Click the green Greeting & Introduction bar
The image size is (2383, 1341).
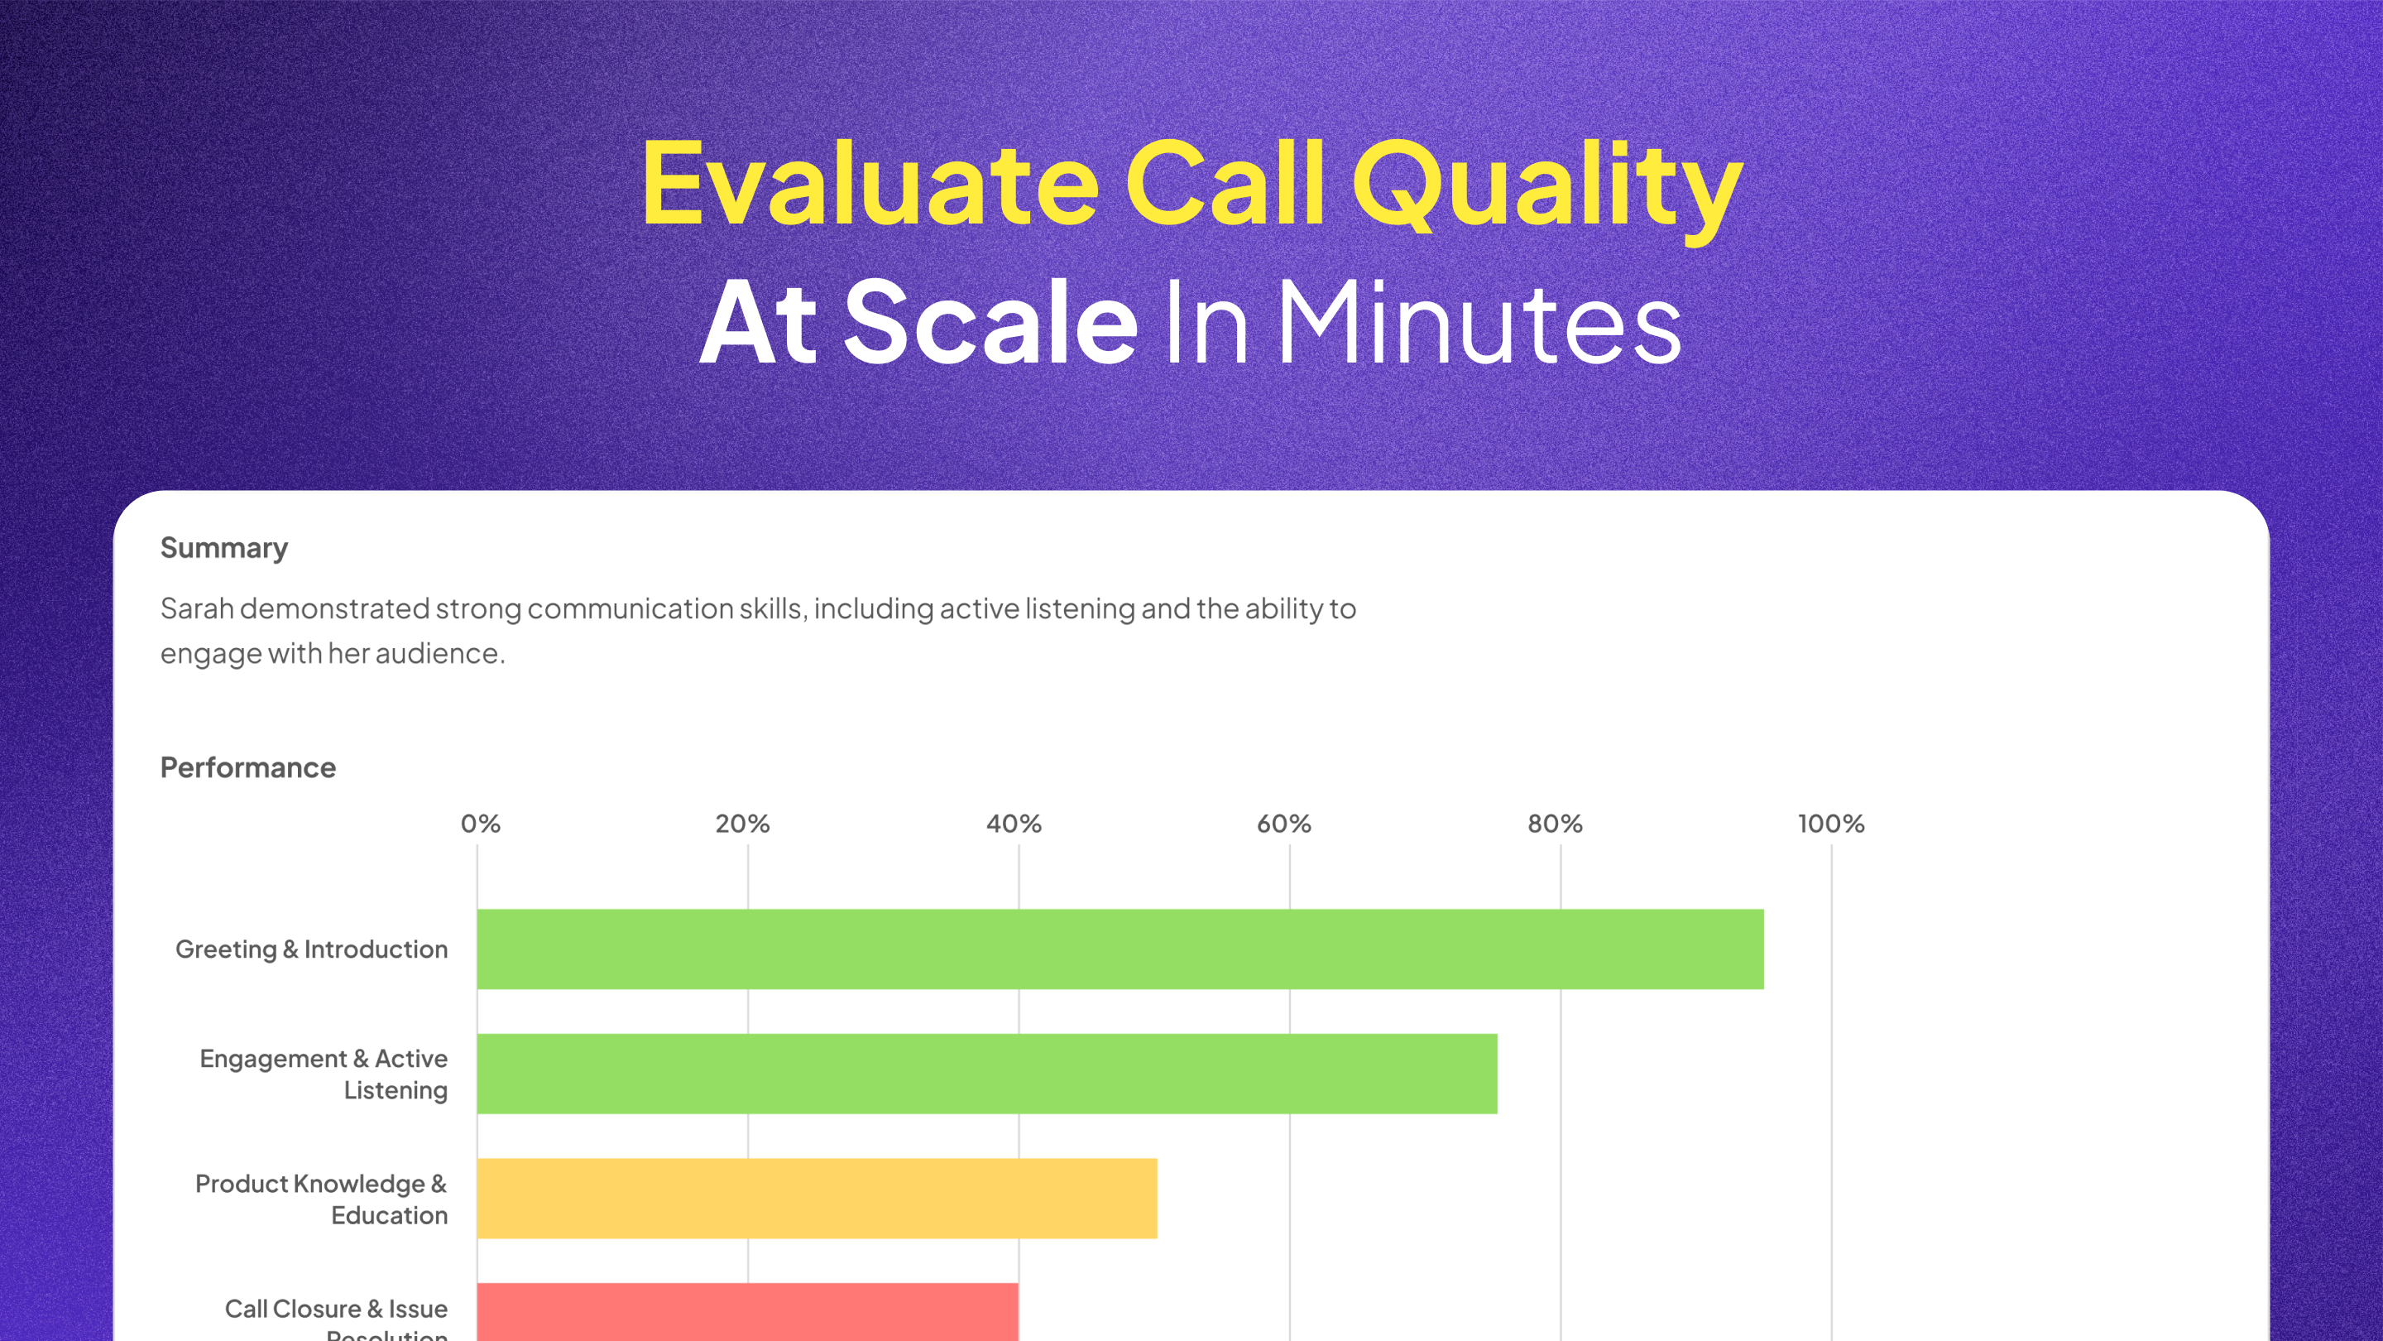[x=1120, y=949]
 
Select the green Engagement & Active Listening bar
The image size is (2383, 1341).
[x=986, y=1074]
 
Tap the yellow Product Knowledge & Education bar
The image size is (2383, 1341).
[x=816, y=1198]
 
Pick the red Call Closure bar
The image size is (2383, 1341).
[x=746, y=1312]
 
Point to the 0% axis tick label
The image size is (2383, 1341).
[x=480, y=824]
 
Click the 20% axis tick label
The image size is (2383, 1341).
[x=742, y=824]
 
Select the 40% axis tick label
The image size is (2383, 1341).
[x=1013, y=824]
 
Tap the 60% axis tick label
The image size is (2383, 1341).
[x=1283, y=824]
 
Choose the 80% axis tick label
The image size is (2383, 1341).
[x=1554, y=824]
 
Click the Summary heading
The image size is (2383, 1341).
[x=224, y=548]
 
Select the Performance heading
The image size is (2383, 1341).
[x=248, y=767]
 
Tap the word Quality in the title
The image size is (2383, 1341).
[x=1546, y=189]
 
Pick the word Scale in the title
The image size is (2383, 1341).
[x=990, y=323]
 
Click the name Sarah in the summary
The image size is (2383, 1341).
[x=197, y=608]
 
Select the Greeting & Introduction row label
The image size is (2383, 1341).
[x=311, y=949]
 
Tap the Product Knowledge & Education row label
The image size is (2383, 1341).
[x=321, y=1199]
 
